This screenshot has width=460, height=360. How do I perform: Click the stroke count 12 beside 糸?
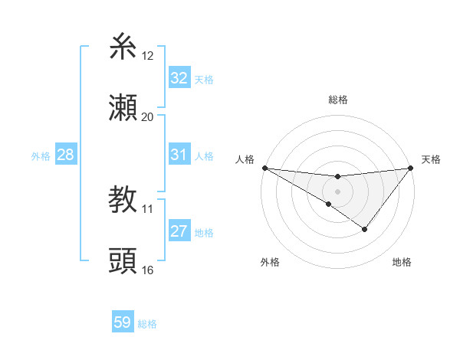point(148,56)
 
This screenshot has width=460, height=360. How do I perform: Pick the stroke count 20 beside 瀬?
point(148,116)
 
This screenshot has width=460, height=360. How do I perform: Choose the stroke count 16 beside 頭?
point(148,270)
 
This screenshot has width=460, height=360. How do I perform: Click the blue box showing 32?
point(179,78)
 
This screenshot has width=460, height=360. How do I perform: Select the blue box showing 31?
point(179,155)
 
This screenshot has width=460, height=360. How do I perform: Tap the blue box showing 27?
point(179,231)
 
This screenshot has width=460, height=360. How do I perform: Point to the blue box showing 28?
point(66,155)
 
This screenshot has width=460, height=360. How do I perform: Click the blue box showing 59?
point(122,322)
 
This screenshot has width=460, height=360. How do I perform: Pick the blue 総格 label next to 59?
point(147,324)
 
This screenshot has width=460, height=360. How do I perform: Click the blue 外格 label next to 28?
point(41,156)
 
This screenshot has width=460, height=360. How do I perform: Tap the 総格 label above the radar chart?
point(337,100)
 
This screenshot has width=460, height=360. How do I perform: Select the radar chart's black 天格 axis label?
point(431,159)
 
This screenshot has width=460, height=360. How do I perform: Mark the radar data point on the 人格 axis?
point(264,168)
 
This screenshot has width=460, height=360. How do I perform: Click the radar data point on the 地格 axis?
point(365,229)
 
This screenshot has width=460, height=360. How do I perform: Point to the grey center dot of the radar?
point(337,191)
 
